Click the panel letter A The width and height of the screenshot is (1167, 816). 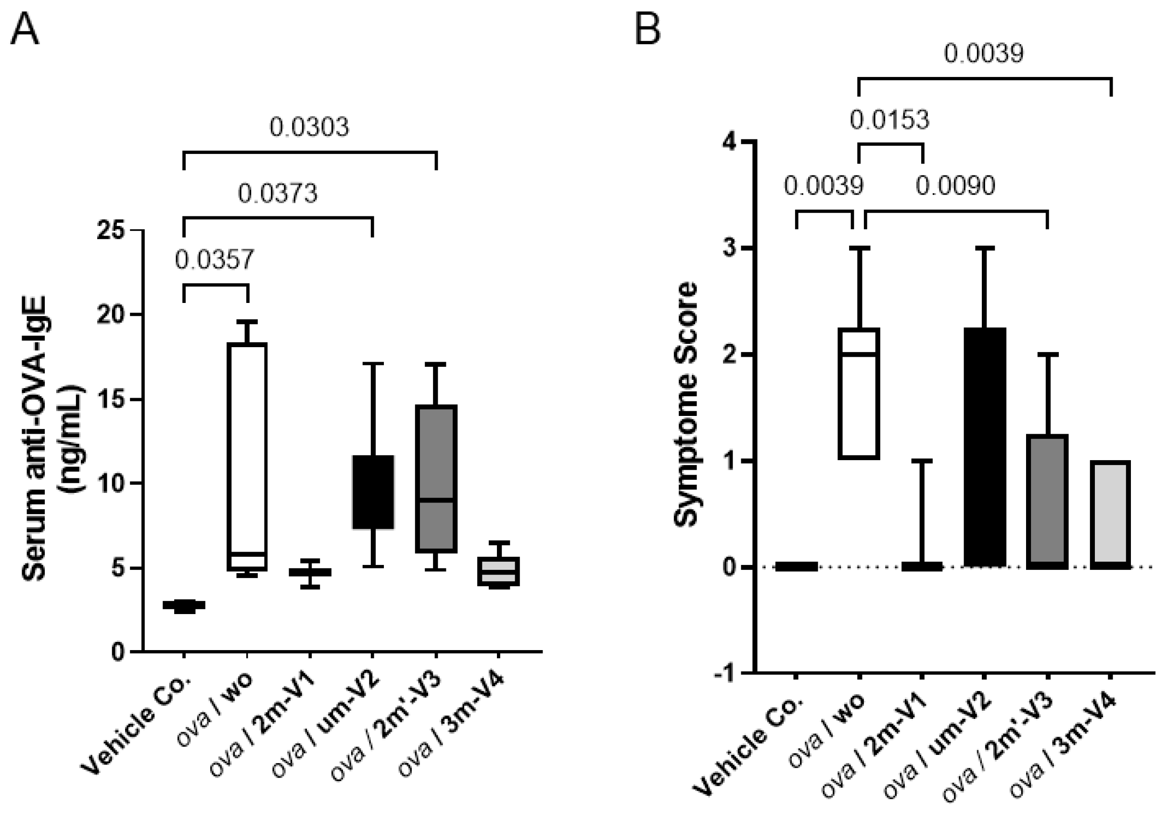[x=24, y=29]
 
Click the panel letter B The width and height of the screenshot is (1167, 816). [x=647, y=29]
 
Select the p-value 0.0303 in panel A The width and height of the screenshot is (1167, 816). [x=309, y=127]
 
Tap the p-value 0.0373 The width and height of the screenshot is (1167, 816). [x=278, y=194]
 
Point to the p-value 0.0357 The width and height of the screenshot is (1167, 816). [x=214, y=260]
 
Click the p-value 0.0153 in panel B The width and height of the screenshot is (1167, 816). [x=889, y=120]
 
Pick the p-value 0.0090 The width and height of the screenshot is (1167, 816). [x=955, y=186]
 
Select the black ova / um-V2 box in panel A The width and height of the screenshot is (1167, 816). [x=373, y=492]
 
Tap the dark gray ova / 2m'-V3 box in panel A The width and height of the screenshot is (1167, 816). [x=436, y=478]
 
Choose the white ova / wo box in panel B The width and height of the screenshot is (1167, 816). [x=859, y=394]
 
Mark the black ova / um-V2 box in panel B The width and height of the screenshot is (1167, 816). [x=985, y=447]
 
